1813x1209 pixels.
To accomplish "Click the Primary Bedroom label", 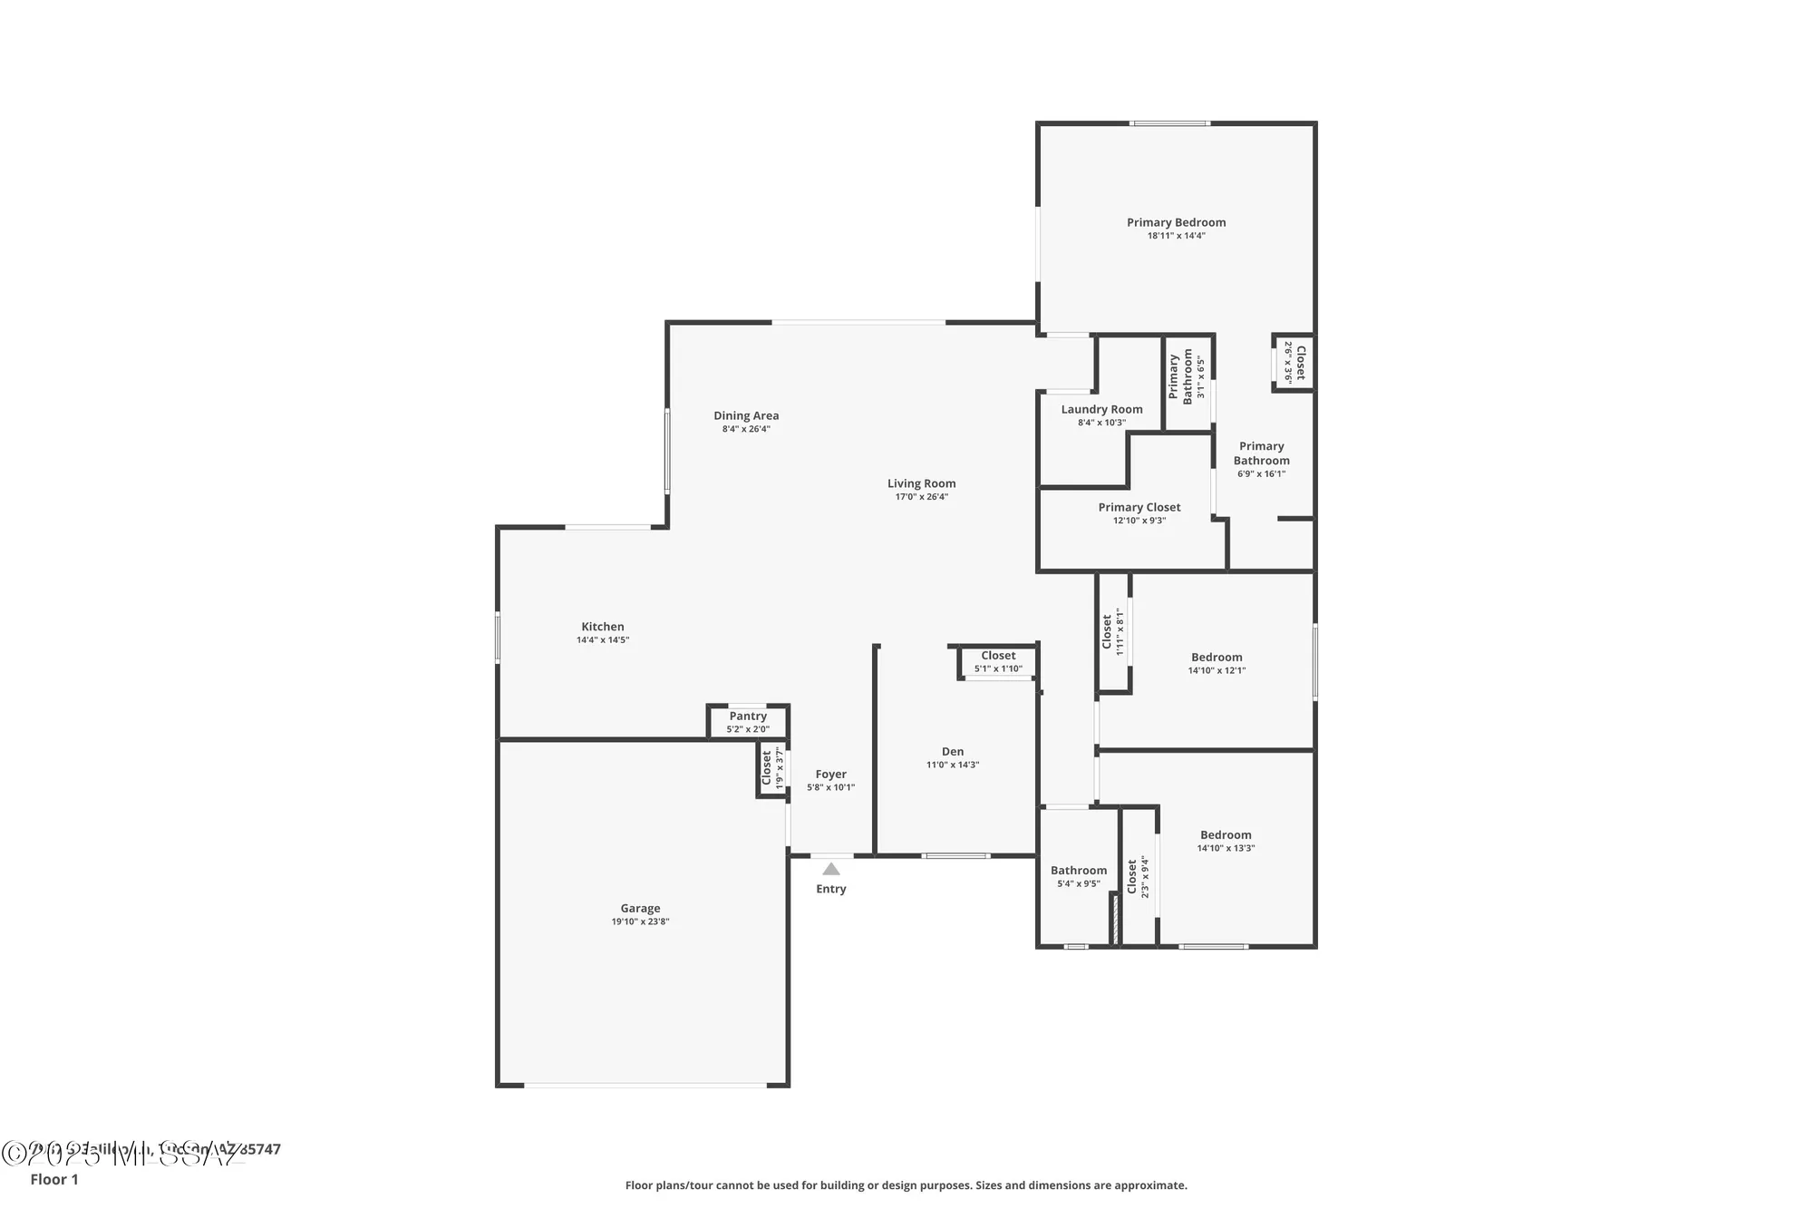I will tap(1176, 222).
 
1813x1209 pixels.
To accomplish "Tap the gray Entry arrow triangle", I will tap(830, 869).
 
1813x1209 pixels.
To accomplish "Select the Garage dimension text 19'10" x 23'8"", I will tap(640, 921).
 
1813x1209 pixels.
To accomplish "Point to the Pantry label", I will tap(748, 716).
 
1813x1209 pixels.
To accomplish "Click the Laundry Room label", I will tap(1101, 409).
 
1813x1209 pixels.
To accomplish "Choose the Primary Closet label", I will tap(1139, 507).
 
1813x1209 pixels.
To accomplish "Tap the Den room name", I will tap(952, 751).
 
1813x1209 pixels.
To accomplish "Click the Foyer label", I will tap(830, 774).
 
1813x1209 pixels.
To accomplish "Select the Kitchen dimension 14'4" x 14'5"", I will tap(602, 639).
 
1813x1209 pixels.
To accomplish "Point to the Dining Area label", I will tap(745, 415).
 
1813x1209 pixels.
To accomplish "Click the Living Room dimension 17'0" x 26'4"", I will tap(921, 496).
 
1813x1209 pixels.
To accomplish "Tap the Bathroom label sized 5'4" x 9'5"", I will tap(1078, 870).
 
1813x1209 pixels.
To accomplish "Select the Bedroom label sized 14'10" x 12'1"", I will tap(1217, 657).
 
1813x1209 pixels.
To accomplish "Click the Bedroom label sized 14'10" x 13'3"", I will tap(1226, 834).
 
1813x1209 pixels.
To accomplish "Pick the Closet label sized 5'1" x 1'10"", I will tap(998, 655).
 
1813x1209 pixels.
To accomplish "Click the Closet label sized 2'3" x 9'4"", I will tap(1131, 877).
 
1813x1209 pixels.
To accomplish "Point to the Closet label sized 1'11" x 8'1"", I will tap(1107, 632).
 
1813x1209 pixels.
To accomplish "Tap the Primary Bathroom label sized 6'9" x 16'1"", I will tap(1261, 453).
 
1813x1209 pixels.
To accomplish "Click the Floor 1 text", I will tap(54, 1179).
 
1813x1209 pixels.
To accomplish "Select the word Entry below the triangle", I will tap(830, 889).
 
